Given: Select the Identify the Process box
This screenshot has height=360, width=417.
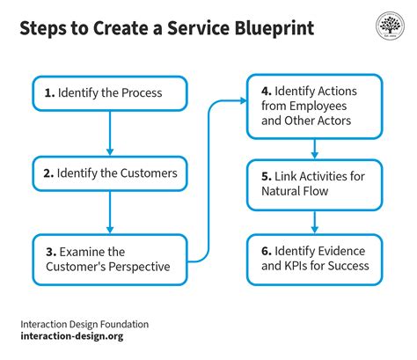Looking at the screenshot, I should tap(110, 92).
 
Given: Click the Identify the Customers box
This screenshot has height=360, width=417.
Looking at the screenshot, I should tap(110, 173).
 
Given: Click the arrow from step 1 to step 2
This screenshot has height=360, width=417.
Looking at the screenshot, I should tap(110, 132).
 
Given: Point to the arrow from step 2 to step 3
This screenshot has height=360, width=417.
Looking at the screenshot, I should tap(110, 214).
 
